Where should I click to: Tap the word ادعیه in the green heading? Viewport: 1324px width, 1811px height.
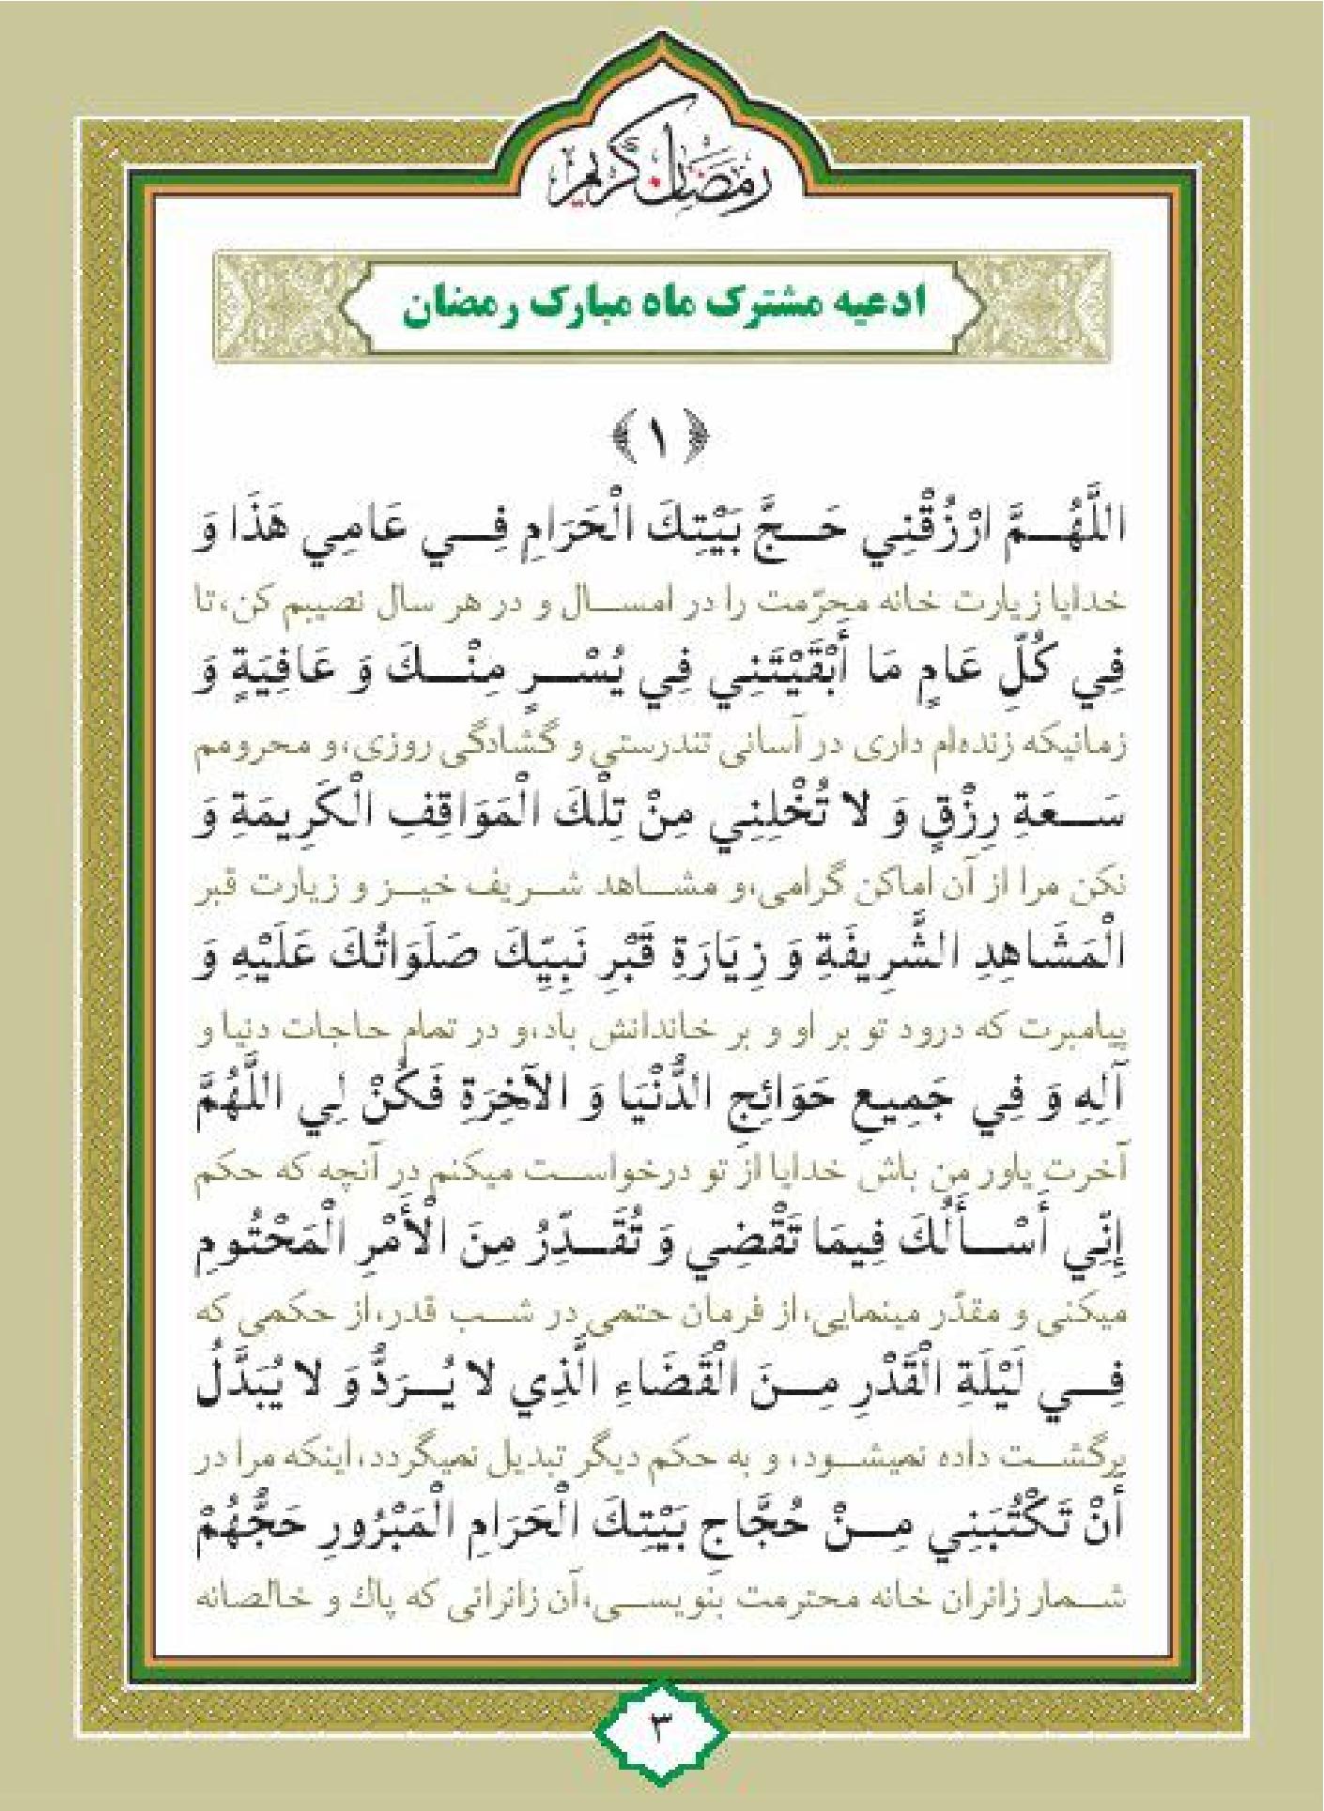coord(877,306)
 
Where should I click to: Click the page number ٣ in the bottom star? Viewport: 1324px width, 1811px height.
coord(660,1727)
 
